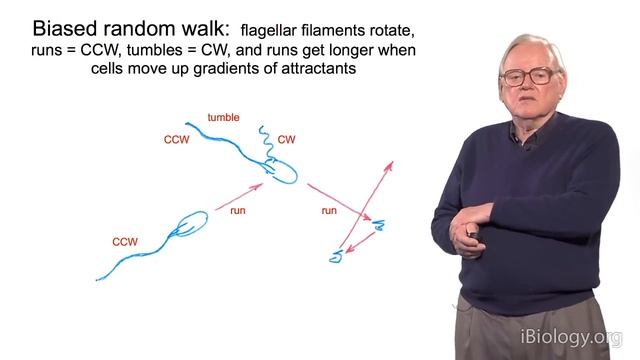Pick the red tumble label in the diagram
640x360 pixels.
click(222, 117)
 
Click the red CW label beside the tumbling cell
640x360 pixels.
click(287, 139)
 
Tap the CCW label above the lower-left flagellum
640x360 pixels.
click(125, 241)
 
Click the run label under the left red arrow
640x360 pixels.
click(237, 211)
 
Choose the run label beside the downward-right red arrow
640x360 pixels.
click(328, 211)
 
